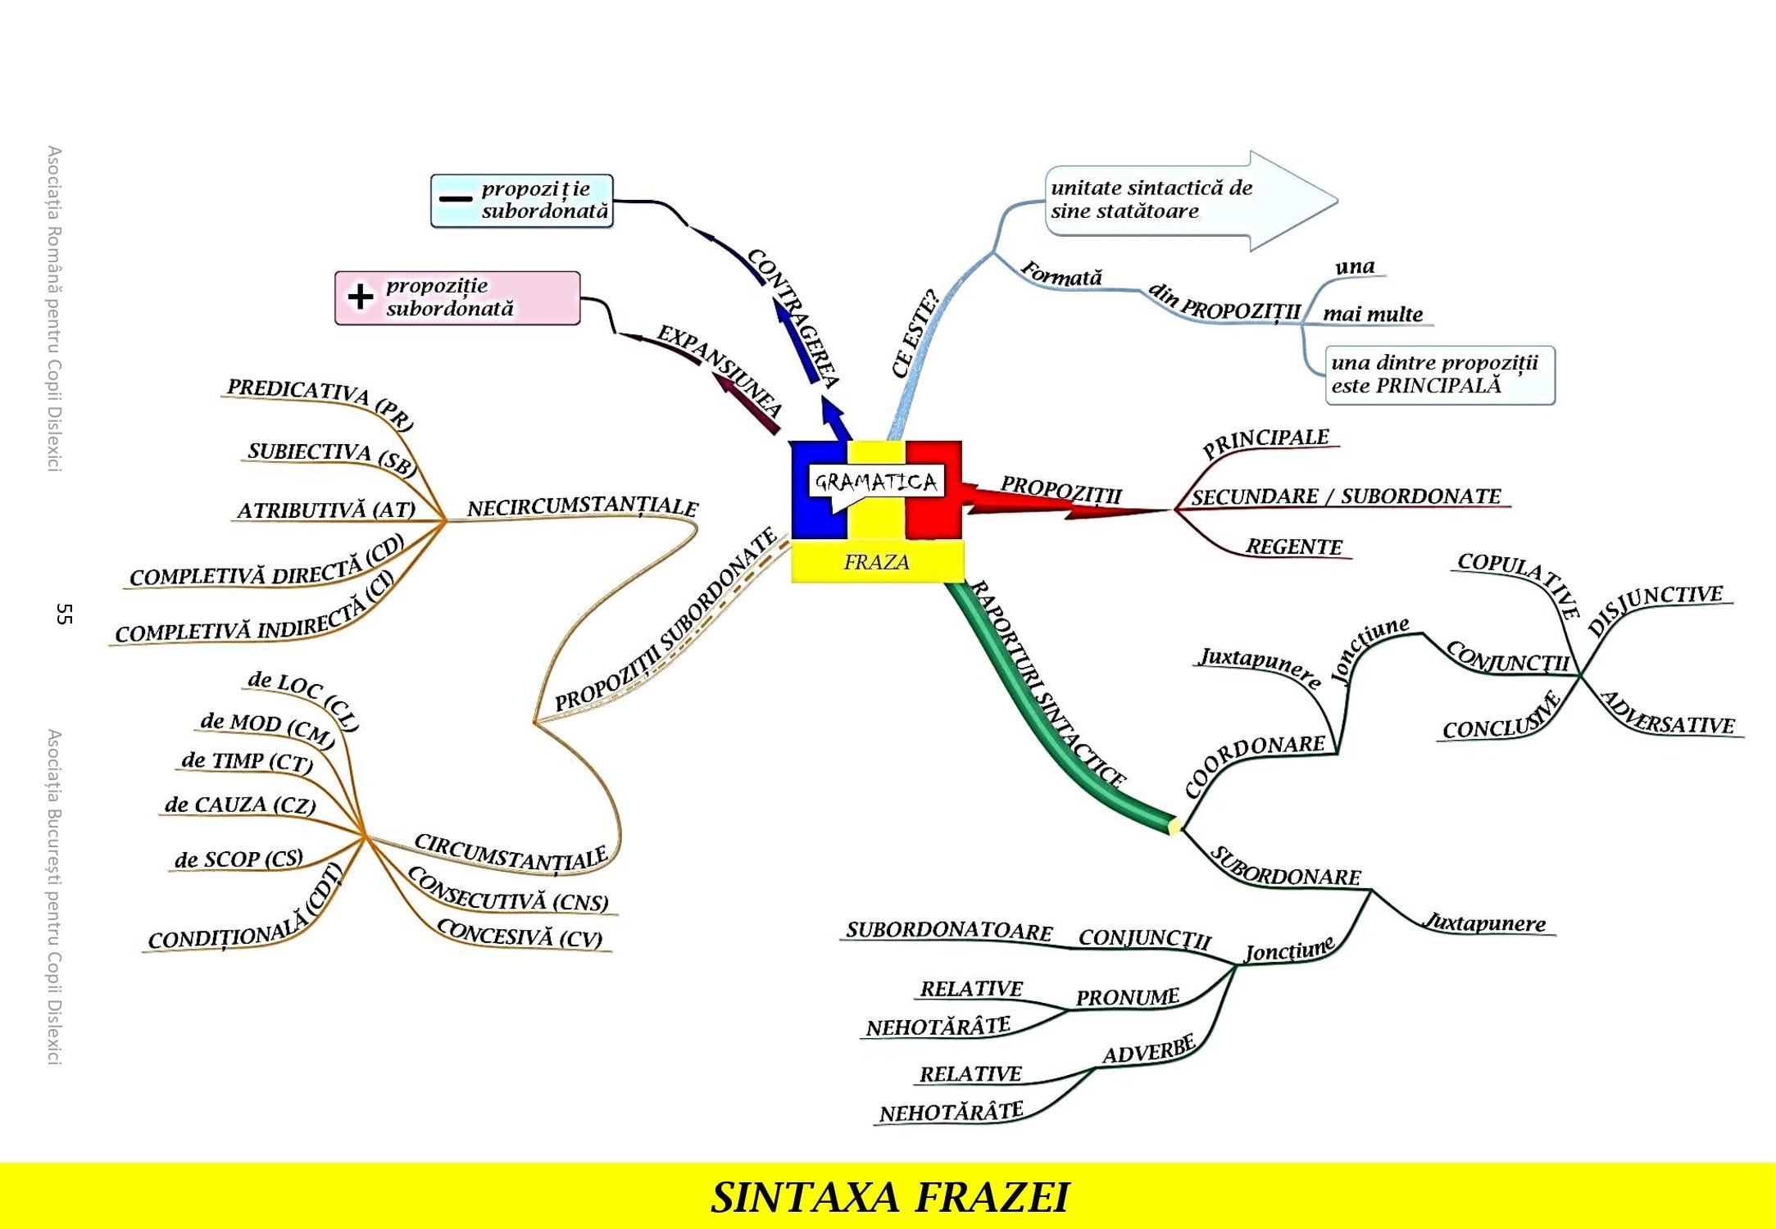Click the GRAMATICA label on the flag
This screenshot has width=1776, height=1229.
click(x=876, y=482)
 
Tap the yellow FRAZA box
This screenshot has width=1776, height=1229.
click(x=876, y=562)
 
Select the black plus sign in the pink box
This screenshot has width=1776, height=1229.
click(x=361, y=297)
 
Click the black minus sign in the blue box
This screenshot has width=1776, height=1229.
click(x=456, y=199)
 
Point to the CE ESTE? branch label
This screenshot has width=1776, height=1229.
click(x=915, y=333)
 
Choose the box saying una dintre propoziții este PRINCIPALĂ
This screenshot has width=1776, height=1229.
click(x=1439, y=375)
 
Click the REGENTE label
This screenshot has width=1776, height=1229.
click(x=1294, y=546)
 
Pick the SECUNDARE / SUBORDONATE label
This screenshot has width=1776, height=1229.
click(x=1346, y=497)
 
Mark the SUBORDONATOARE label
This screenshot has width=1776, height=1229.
click(x=949, y=930)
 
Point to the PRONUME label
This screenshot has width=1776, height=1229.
click(x=1127, y=997)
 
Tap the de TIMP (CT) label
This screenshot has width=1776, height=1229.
click(x=248, y=761)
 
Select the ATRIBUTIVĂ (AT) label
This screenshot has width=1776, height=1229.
click(x=326, y=510)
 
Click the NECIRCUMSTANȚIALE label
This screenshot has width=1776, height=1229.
click(x=582, y=507)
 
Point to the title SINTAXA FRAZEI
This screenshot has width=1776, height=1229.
click(x=889, y=1197)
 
